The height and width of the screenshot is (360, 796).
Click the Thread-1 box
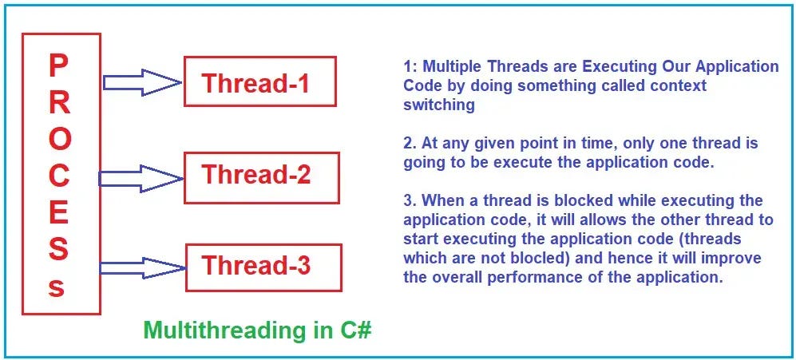[x=260, y=81]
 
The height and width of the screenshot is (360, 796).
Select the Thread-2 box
[x=261, y=178]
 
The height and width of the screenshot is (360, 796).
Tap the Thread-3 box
[x=263, y=267]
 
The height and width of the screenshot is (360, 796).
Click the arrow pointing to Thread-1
[x=142, y=82]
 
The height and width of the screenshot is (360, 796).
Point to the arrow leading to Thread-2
[x=141, y=179]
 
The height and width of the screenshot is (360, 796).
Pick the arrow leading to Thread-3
[x=143, y=267]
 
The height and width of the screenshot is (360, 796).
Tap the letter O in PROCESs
[x=60, y=140]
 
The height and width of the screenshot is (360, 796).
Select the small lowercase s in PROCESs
[x=57, y=288]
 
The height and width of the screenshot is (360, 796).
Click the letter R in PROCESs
[x=59, y=104]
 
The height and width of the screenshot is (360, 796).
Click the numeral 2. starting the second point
[x=410, y=143]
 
